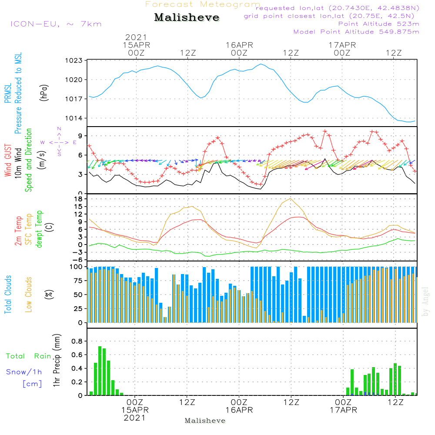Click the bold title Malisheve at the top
(x=187, y=17)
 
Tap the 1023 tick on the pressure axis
(x=74, y=60)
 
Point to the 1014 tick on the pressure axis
(x=74, y=118)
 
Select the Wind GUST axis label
(x=8, y=161)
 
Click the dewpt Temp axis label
(x=39, y=229)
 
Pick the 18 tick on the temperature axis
(x=78, y=199)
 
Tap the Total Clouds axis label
(x=8, y=294)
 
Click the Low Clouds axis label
(x=29, y=294)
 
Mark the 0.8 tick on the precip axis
(x=77, y=341)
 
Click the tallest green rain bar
(x=100, y=371)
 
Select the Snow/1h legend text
(x=24, y=372)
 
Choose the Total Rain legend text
(x=29, y=356)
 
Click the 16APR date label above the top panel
(x=239, y=45)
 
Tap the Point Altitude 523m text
(x=379, y=24)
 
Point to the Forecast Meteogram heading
(x=203, y=4)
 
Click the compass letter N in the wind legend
(x=59, y=129)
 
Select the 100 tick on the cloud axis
(x=76, y=267)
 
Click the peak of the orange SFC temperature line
(x=291, y=199)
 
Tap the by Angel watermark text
(x=425, y=301)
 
